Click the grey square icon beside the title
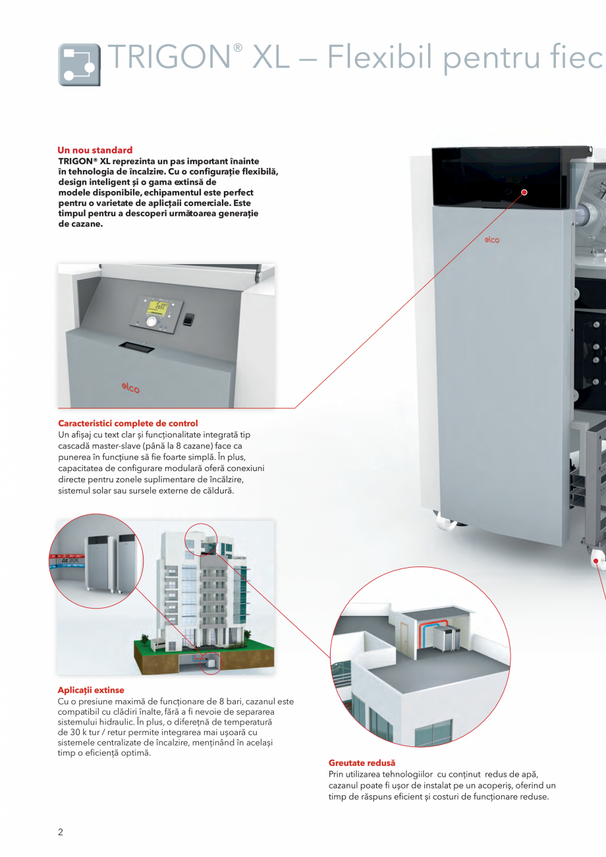coord(80,65)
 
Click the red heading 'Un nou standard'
coord(95,150)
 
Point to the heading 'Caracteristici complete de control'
coord(128,423)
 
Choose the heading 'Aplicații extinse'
coord(91,690)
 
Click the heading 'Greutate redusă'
coord(362,763)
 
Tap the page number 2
coord(61,832)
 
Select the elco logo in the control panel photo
coord(130,389)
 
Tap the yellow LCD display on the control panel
coord(157,306)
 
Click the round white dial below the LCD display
coord(152,321)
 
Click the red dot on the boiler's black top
coord(525,192)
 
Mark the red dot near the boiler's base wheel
coord(596,561)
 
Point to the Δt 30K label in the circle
coord(70,561)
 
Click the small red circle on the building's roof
coord(201,539)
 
